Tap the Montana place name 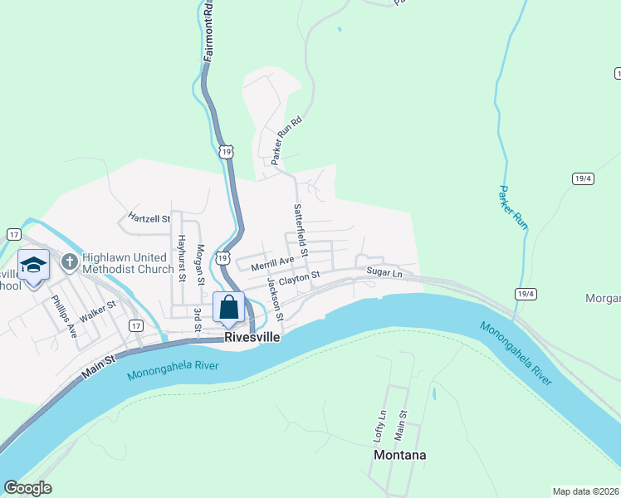pyautogui.click(x=400, y=456)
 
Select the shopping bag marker pyautogui.click(x=229, y=308)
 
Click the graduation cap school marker pyautogui.click(x=33, y=266)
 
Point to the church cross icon pyautogui.click(x=69, y=263)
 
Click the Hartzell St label pyautogui.click(x=149, y=218)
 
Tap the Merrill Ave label pyautogui.click(x=272, y=261)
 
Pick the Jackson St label pyautogui.click(x=275, y=299)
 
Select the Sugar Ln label pyautogui.click(x=384, y=272)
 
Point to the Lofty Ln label pyautogui.click(x=380, y=425)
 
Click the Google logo pyautogui.click(x=27, y=488)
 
